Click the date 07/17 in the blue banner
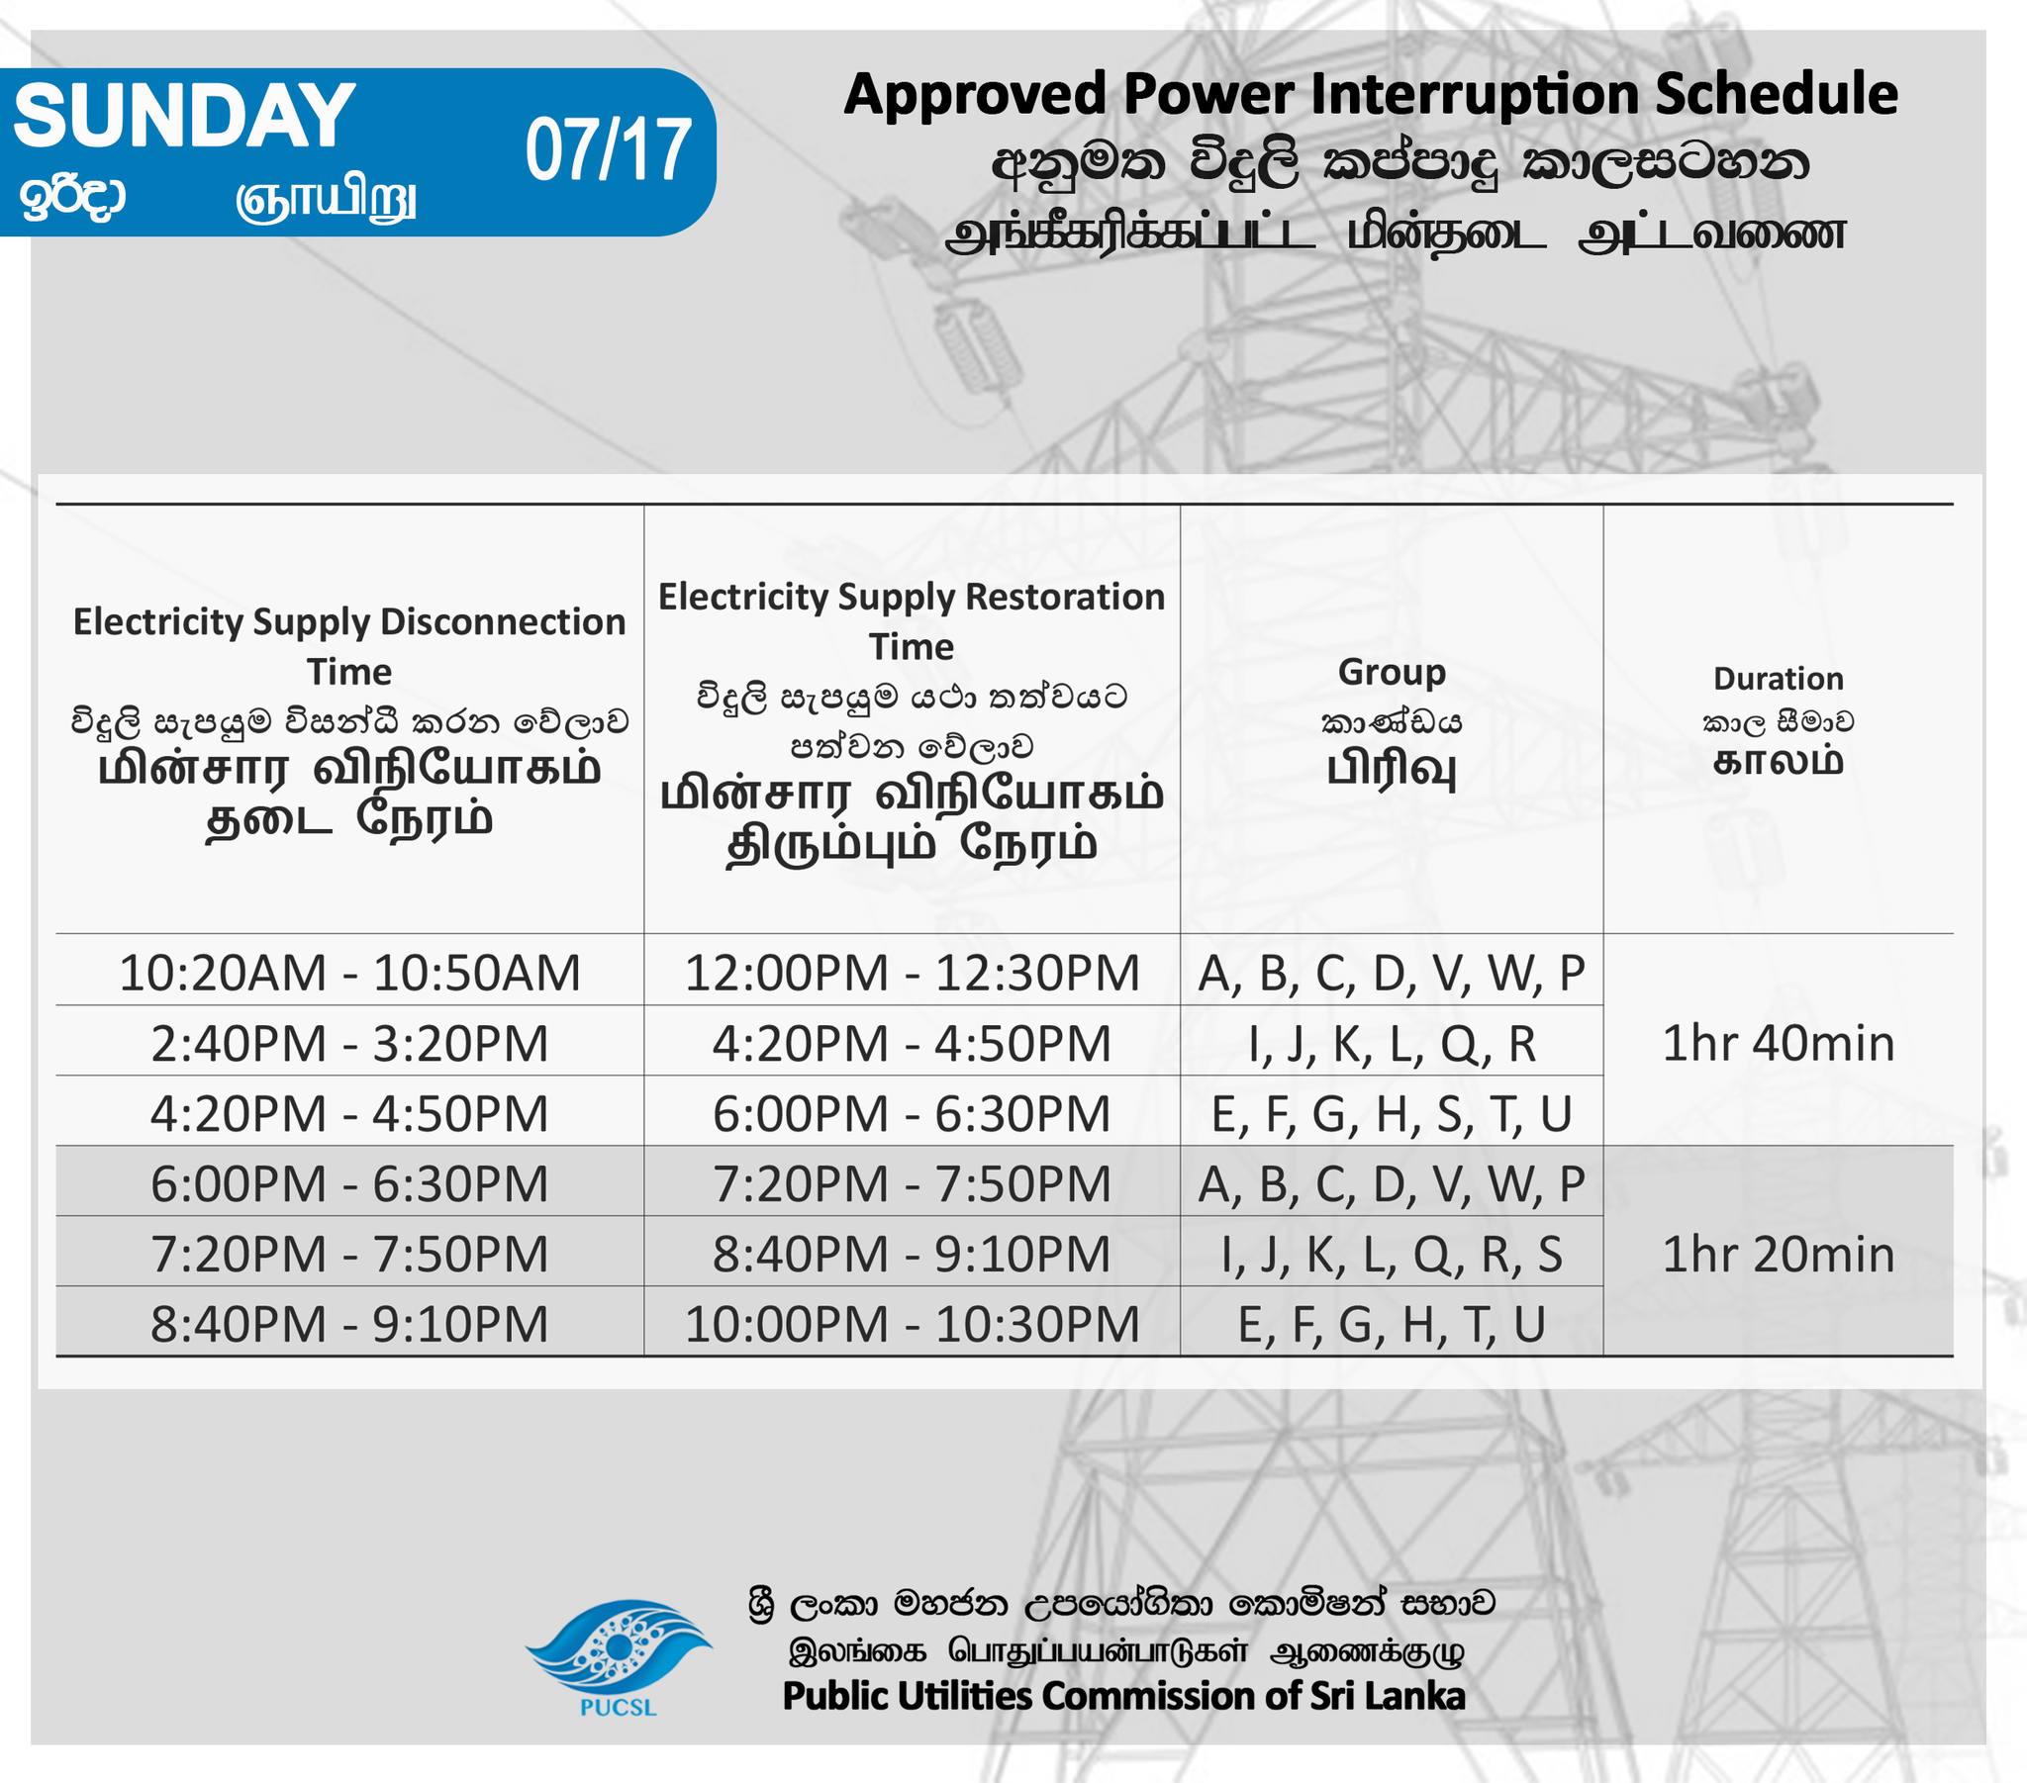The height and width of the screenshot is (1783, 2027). (x=607, y=150)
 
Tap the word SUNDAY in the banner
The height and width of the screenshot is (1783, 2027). (x=184, y=116)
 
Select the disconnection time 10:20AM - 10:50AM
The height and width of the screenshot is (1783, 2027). (x=349, y=973)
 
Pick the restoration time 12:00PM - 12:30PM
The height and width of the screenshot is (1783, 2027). (x=912, y=973)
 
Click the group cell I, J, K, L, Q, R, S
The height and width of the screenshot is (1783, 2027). (x=1392, y=1255)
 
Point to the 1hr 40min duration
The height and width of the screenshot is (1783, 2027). (x=1778, y=1043)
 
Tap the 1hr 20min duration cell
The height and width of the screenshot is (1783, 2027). (x=1778, y=1255)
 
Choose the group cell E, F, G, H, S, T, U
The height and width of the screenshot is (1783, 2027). (x=1392, y=1113)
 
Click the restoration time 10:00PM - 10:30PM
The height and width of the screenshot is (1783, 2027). (x=912, y=1325)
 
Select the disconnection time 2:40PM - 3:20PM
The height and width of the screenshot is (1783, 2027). (x=349, y=1043)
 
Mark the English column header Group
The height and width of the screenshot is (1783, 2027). (x=1392, y=673)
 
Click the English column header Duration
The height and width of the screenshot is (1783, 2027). (x=1779, y=679)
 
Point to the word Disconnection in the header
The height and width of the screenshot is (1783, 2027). (x=503, y=621)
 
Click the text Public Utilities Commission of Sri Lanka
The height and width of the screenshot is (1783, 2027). (x=1123, y=1696)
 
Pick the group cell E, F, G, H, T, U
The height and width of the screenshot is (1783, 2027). (x=1392, y=1325)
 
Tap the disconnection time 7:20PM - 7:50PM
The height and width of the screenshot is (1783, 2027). (x=349, y=1255)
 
